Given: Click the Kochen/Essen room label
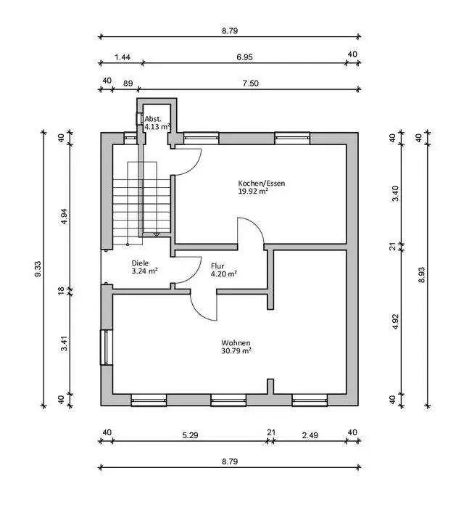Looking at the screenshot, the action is click(x=262, y=184).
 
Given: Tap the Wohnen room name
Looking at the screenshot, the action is click(x=236, y=342).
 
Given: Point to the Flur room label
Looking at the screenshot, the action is click(x=218, y=266).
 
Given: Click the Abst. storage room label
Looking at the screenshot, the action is click(x=152, y=118).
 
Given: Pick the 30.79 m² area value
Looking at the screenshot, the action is click(x=236, y=351).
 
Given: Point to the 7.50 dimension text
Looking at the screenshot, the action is click(x=249, y=83).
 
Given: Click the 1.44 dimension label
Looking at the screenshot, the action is click(x=123, y=56).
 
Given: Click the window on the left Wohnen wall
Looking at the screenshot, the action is click(x=106, y=347).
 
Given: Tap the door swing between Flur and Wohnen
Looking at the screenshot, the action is click(x=203, y=305).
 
